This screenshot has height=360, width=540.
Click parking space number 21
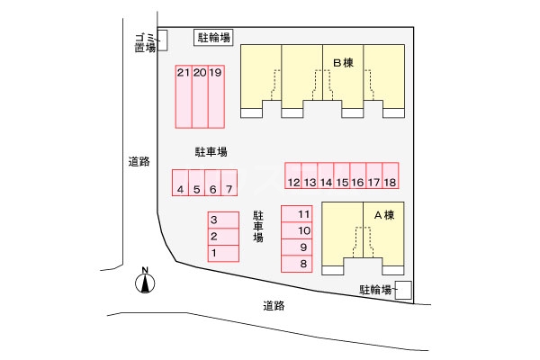coord(183,96)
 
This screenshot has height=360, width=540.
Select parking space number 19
coord(215,96)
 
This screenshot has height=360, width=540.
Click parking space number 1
coord(214,253)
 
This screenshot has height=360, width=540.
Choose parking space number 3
coord(214,220)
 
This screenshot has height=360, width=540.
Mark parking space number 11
coord(303,214)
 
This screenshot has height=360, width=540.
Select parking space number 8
coord(303,264)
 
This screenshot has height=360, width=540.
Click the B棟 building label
coord(342,63)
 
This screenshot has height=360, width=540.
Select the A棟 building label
coord(384,215)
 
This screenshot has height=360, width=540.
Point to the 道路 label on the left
coord(138,162)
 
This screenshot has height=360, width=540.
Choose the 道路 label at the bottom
coord(274,305)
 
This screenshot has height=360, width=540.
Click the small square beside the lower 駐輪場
coord(404,290)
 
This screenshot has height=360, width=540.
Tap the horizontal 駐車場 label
coord(211,151)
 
